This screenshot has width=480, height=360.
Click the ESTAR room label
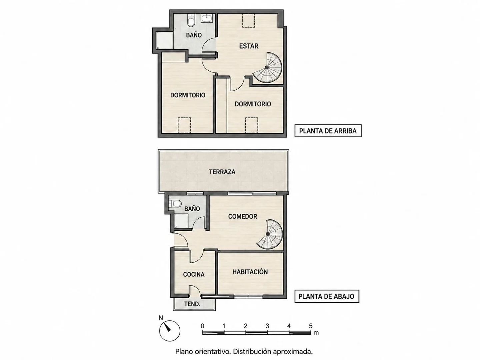click(249, 46)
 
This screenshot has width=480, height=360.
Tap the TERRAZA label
click(222, 172)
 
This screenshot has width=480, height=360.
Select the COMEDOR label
click(243, 216)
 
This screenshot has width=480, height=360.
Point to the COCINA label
click(194, 274)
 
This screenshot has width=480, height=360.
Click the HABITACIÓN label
click(250, 272)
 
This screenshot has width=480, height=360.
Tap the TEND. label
click(192, 304)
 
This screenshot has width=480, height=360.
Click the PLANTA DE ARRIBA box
click(328, 131)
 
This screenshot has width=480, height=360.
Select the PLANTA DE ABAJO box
click(327, 296)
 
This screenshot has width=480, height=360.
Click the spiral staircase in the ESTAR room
click(267, 68)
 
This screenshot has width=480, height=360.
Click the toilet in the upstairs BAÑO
click(191, 21)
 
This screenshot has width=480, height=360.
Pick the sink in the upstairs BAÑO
click(206, 18)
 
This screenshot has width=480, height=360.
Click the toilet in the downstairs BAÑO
click(175, 204)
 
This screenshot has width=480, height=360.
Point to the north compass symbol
click(170, 331)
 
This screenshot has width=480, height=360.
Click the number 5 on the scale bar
click(311, 326)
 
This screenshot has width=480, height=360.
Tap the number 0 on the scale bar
click(202, 326)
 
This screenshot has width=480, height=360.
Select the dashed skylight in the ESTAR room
click(248, 21)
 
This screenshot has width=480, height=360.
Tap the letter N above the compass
click(161, 318)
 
